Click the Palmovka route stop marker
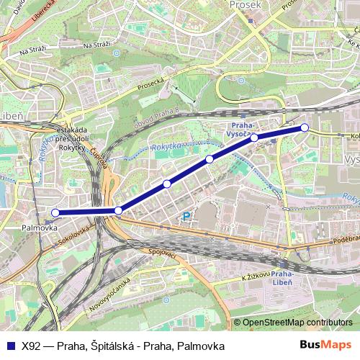click(55, 212)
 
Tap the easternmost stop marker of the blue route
click(305, 127)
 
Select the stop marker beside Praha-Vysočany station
click(254, 137)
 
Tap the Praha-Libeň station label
click(284, 279)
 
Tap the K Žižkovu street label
click(255, 275)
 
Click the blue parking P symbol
click(186, 216)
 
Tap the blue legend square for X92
click(11, 346)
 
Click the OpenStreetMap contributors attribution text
click(297, 323)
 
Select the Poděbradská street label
click(346, 239)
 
